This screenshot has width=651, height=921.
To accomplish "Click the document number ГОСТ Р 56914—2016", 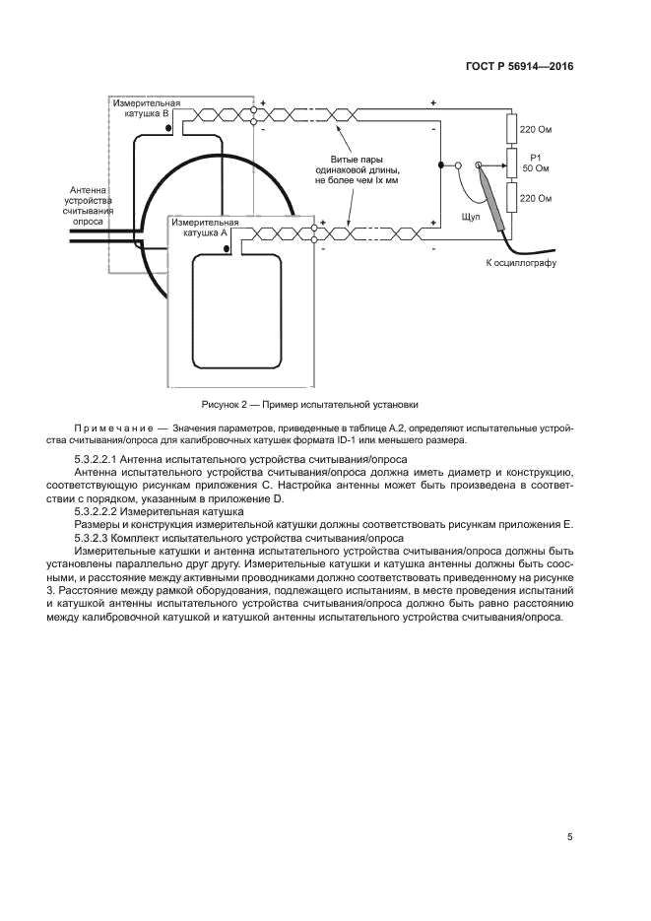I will click(518, 66).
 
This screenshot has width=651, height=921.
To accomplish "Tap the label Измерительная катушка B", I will click(145, 108).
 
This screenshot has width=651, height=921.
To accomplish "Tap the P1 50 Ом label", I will click(536, 163).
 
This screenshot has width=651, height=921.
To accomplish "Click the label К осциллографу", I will click(521, 264).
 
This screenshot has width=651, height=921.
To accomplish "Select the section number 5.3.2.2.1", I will click(103, 461).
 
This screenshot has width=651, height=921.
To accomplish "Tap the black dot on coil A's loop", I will click(228, 250).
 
